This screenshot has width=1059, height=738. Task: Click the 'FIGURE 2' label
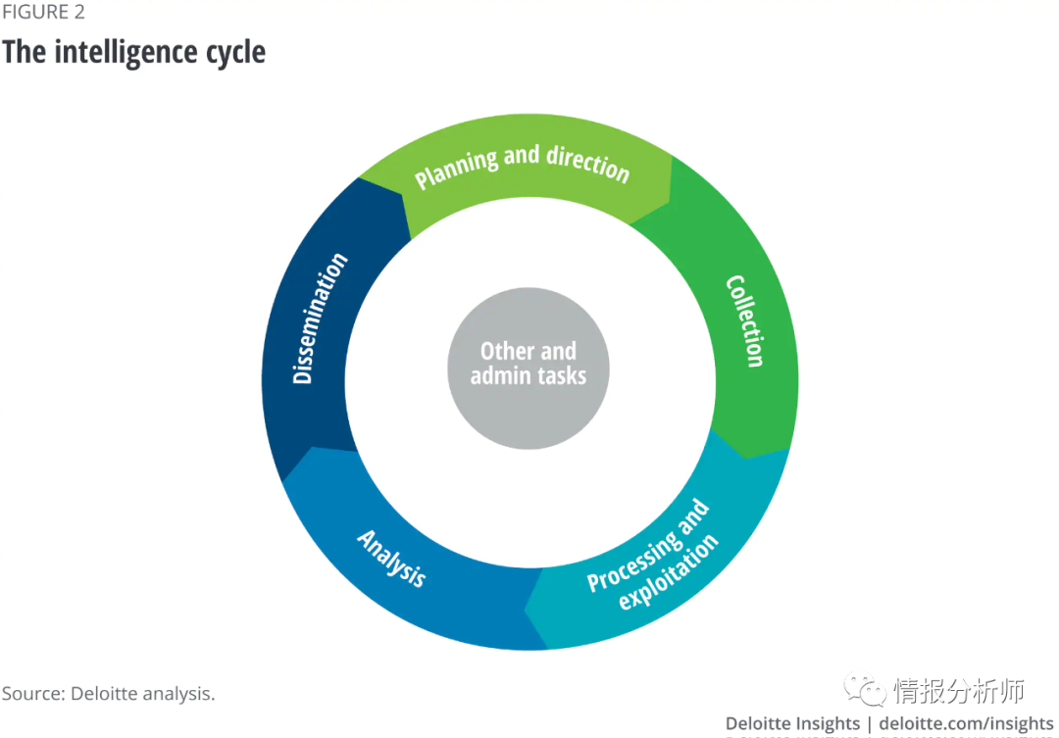pyautogui.click(x=42, y=13)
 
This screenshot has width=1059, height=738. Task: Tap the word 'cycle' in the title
pyautogui.click(x=236, y=51)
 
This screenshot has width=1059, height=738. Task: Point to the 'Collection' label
pyautogui.click(x=744, y=320)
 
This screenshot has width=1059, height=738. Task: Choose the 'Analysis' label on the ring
pyautogui.click(x=391, y=558)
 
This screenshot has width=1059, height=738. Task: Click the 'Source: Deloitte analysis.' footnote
pyautogui.click(x=108, y=694)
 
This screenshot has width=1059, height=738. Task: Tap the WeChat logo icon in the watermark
pyautogui.click(x=866, y=691)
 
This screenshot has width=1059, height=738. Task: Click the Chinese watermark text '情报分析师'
pyautogui.click(x=959, y=691)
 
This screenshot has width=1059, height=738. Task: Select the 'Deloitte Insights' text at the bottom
pyautogui.click(x=792, y=724)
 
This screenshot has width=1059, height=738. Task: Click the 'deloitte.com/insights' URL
pyautogui.click(x=966, y=724)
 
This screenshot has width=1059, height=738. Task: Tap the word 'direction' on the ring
pyautogui.click(x=587, y=164)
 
